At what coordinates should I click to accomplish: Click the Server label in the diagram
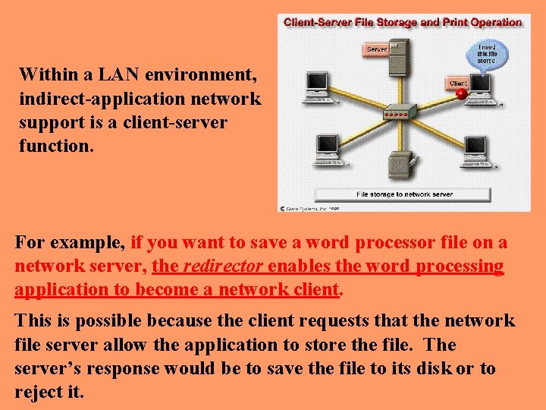point(377,49)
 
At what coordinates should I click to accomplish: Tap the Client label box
point(458,83)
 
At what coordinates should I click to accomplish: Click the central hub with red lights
point(400,115)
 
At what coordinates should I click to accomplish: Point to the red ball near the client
point(461,93)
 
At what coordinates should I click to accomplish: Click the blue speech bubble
point(487,56)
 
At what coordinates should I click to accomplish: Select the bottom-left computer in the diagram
point(327,148)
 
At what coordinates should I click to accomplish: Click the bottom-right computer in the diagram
point(475,149)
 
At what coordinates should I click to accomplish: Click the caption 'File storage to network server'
point(404,194)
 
